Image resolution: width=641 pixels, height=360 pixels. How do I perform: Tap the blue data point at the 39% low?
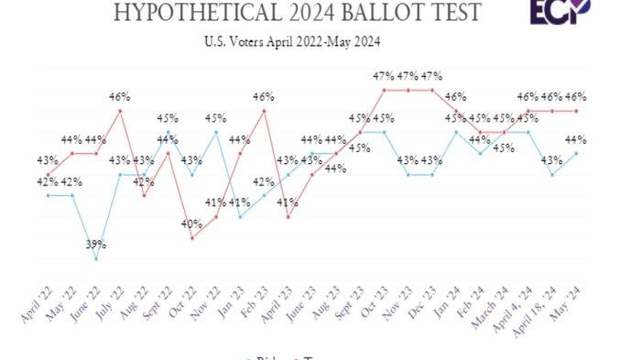[96, 259]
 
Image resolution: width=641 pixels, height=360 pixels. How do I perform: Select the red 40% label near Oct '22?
[192, 224]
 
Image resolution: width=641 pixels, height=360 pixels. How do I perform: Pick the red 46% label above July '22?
[120, 95]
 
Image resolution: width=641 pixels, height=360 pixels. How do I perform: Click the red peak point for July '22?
[120, 111]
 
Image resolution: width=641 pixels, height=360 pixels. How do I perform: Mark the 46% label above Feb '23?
[264, 95]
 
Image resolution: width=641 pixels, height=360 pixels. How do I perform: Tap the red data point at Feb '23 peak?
[264, 111]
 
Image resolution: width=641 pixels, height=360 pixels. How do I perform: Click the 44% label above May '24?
[575, 139]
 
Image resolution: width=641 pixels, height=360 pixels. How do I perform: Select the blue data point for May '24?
[575, 153]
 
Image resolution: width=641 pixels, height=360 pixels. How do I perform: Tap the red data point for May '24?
[575, 111]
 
